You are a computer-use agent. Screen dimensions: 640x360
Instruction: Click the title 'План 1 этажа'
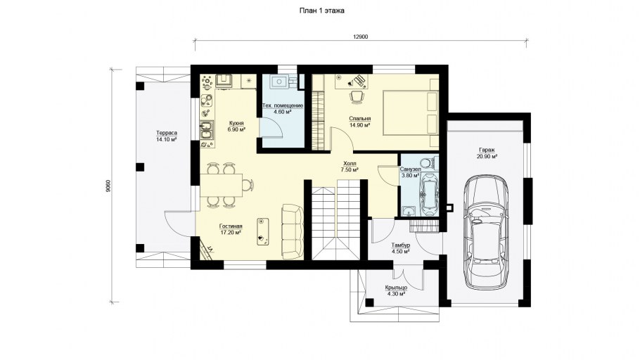[321, 11]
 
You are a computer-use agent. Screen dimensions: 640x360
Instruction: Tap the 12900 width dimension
[360, 37]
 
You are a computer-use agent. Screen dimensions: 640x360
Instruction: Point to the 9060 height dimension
[108, 186]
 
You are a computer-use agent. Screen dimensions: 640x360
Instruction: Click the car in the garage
[485, 232]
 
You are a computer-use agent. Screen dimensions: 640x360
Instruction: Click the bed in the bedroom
[411, 112]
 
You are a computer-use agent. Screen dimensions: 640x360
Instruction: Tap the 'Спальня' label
[359, 119]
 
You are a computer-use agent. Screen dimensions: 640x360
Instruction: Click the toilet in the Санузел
[428, 162]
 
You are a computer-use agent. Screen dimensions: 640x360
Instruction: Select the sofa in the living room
[293, 231]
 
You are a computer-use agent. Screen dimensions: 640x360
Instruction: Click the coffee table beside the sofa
[263, 231]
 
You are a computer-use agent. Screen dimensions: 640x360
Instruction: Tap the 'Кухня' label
[236, 123]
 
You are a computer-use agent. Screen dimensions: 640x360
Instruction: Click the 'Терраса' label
[166, 133]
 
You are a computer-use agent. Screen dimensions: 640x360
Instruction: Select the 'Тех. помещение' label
[283, 105]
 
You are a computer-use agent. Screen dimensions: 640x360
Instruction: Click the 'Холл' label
[350, 164]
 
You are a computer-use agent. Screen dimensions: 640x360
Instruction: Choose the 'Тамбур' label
[400, 245]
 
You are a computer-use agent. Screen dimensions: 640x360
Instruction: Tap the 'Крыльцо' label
[396, 288]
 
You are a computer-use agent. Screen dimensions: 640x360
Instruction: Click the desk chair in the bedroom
[357, 96]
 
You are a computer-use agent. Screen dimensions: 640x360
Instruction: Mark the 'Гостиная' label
[231, 226]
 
